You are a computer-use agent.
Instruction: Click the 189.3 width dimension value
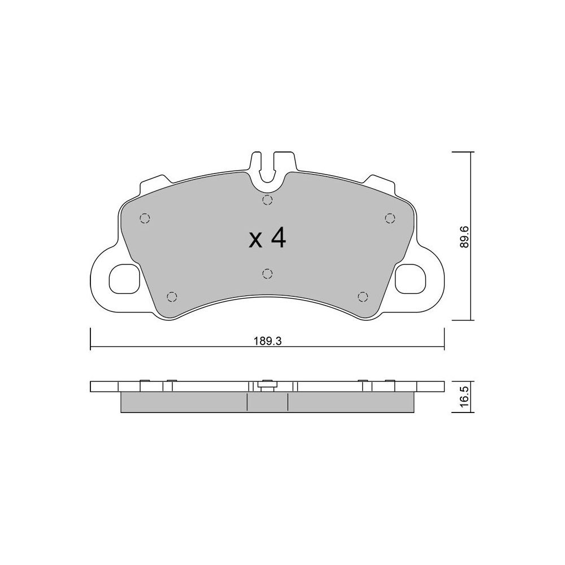267,341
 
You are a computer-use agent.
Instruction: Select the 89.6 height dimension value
464,237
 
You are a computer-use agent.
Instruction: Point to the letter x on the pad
255,241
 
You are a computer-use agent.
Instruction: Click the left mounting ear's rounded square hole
124,279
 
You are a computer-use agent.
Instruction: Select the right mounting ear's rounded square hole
411,279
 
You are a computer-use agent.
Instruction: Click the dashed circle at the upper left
145,218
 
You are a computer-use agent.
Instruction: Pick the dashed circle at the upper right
390,218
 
